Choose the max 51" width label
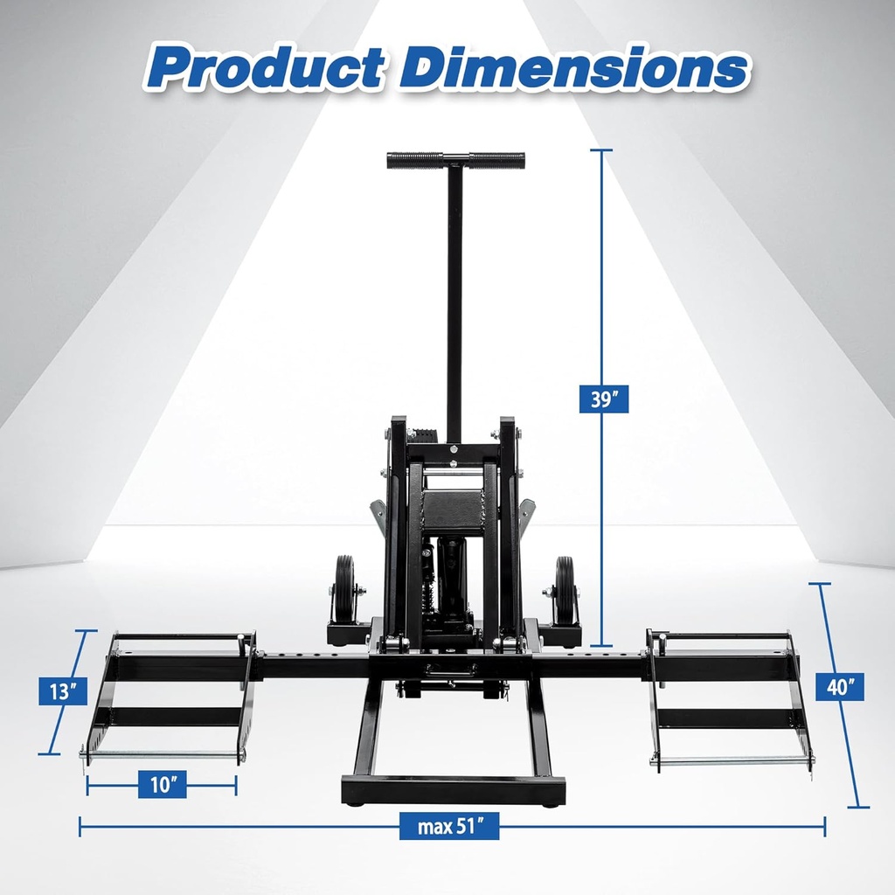tap(450, 824)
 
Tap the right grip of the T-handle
tap(496, 161)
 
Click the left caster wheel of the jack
tap(344, 589)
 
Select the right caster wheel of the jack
tap(565, 591)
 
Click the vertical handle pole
tap(454, 297)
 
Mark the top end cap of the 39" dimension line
tap(600, 151)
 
